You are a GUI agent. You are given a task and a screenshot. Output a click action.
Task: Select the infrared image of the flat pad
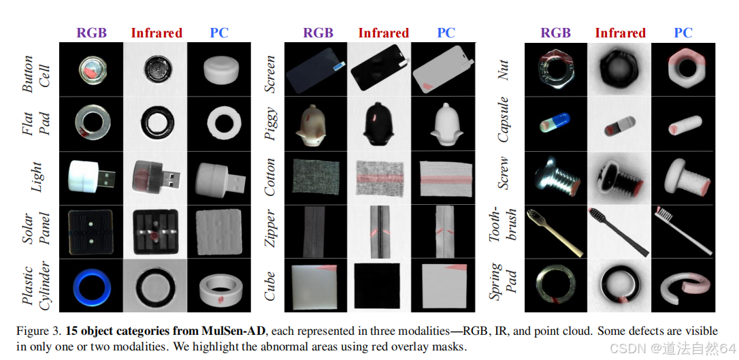click(156, 123)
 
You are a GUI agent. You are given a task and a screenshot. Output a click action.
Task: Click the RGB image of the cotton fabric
click(316, 177)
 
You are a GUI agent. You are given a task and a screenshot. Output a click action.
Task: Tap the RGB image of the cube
click(316, 286)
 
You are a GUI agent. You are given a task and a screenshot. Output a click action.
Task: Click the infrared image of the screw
click(619, 177)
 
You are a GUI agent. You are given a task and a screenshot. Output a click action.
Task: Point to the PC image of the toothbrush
click(683, 230)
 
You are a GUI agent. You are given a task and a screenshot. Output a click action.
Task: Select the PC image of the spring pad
click(683, 286)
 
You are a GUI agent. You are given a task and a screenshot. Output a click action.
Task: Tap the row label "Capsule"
click(504, 124)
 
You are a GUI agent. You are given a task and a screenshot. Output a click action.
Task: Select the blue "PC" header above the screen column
click(446, 33)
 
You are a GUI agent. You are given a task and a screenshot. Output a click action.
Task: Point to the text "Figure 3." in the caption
click(39, 331)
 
